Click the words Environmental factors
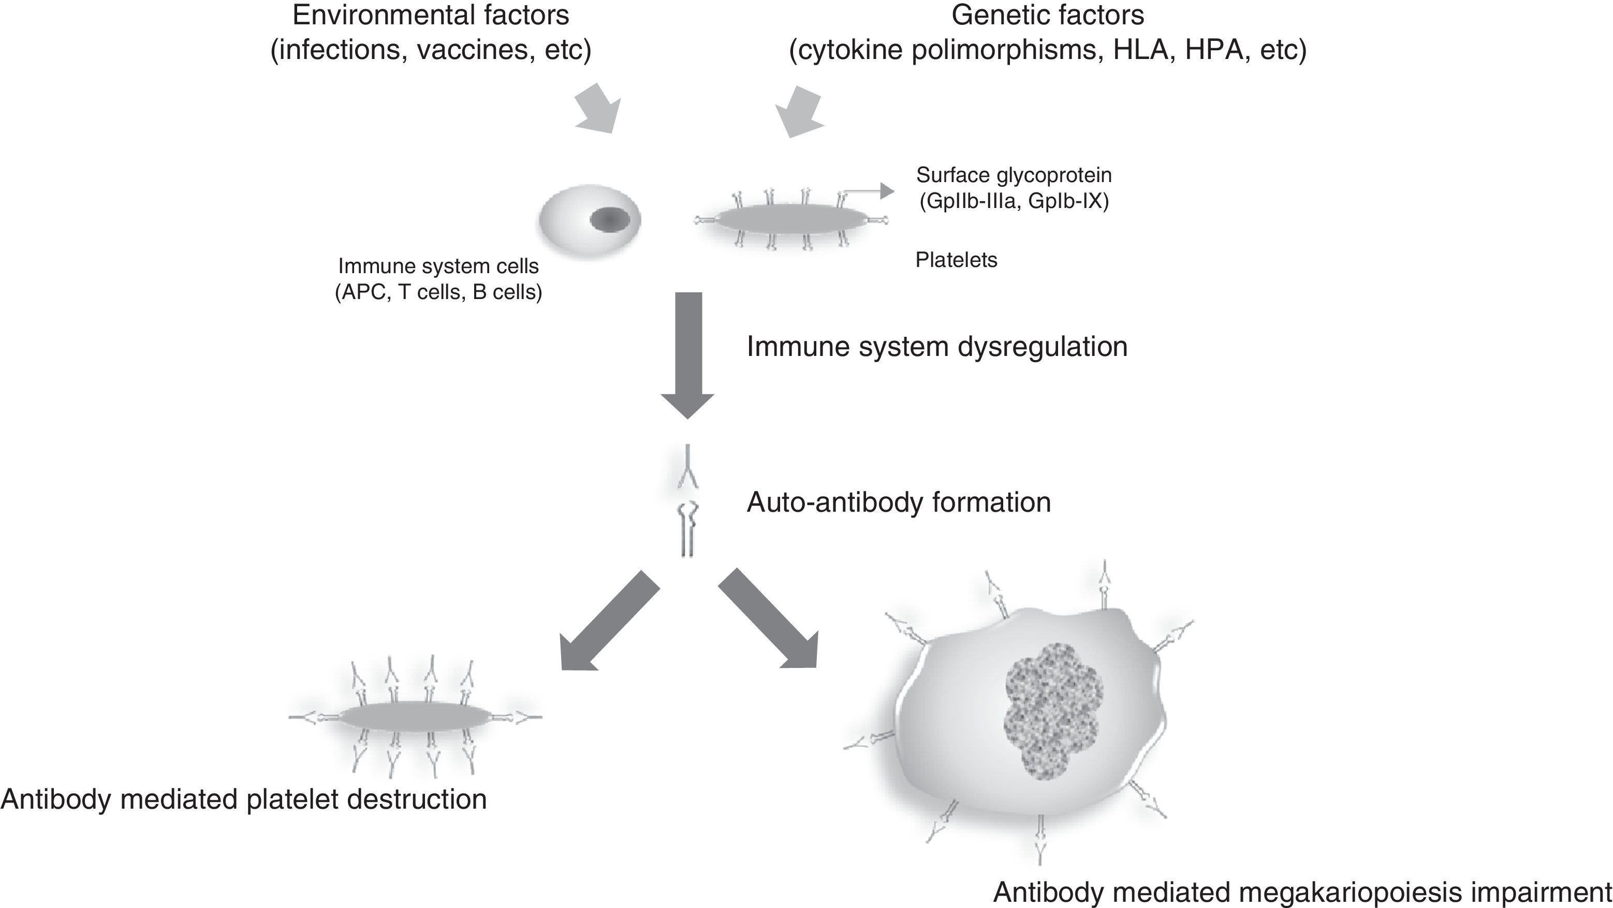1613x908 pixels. pos(430,15)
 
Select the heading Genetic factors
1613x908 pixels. pos(1048,15)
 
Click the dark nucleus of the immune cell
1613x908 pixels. pos(610,220)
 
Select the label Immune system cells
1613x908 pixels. pos(438,266)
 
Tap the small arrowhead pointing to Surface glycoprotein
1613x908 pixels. pos(886,191)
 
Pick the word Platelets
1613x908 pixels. pos(956,260)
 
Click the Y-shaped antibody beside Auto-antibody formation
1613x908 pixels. pos(687,468)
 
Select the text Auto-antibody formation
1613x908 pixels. pos(898,502)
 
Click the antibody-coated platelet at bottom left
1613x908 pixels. pos(415,717)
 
